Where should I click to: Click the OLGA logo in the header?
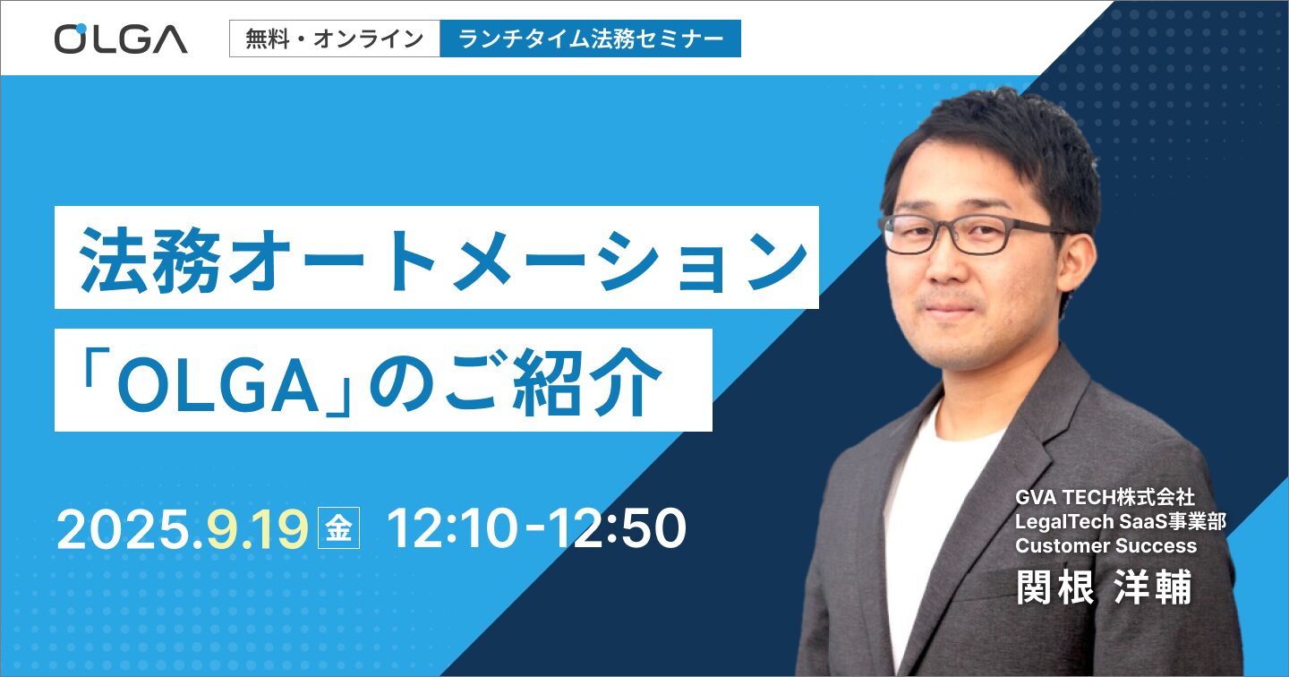pyautogui.click(x=121, y=39)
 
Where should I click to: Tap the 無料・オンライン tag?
pyautogui.click(x=335, y=39)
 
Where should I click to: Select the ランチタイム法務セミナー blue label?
pyautogui.click(x=591, y=39)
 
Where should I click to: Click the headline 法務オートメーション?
pyautogui.click(x=443, y=259)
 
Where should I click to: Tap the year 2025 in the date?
pyautogui.click(x=124, y=529)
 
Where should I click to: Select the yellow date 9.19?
pyautogui.click(x=257, y=529)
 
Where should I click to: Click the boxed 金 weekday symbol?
pyautogui.click(x=339, y=528)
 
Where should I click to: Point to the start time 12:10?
pyautogui.click(x=452, y=529)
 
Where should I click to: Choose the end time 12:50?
pyautogui.click(x=618, y=529)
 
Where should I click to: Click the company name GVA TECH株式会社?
pyautogui.click(x=1105, y=497)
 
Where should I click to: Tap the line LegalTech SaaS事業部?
pyautogui.click(x=1121, y=521)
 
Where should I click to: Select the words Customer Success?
pyautogui.click(x=1105, y=545)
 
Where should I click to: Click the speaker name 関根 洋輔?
pyautogui.click(x=1104, y=587)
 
